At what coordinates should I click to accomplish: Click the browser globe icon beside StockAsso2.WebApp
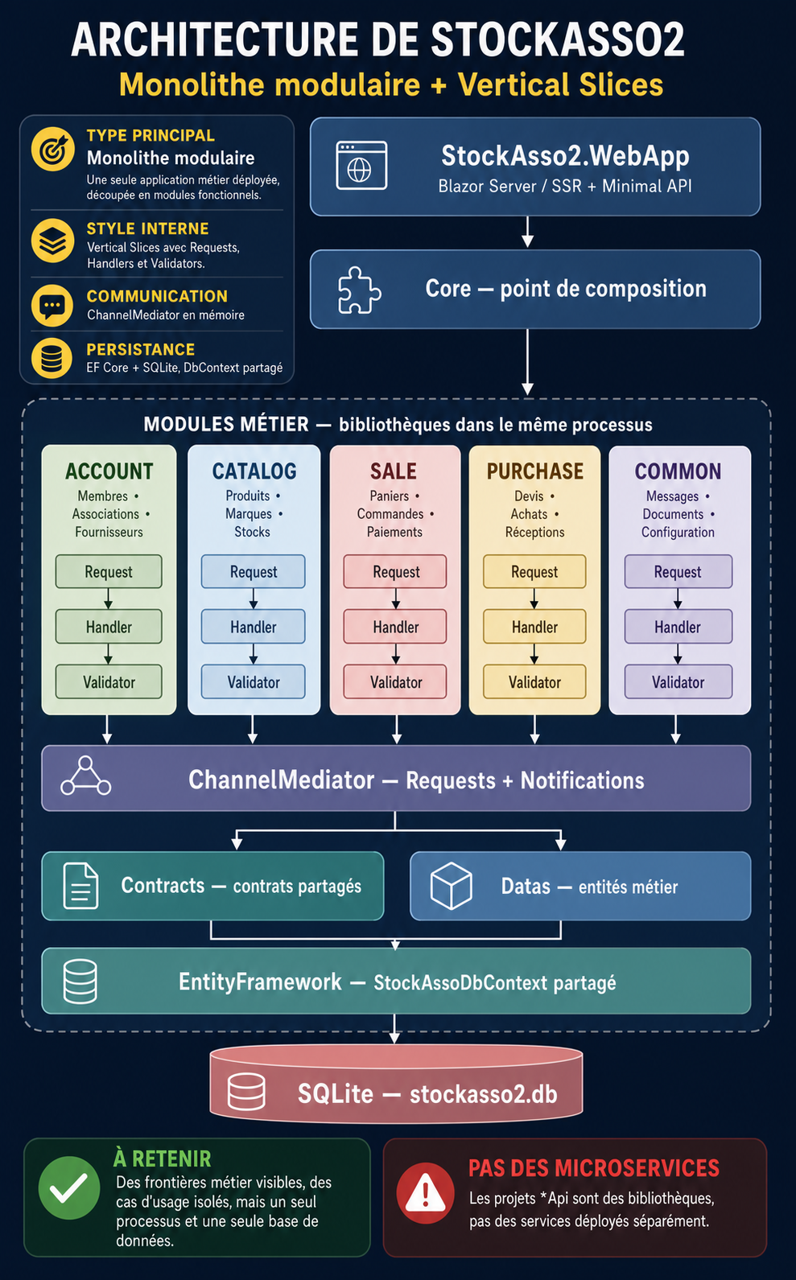(361, 166)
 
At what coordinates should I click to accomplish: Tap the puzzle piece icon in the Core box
(359, 290)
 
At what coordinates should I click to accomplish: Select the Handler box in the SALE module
(395, 626)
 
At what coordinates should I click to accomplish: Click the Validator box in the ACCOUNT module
(109, 681)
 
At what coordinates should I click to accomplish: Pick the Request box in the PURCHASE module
(534, 571)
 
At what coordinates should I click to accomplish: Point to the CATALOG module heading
(254, 471)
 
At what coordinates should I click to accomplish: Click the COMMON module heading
(678, 471)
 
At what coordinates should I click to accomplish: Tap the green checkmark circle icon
(69, 1188)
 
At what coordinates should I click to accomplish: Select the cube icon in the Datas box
(452, 886)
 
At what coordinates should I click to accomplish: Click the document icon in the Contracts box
(80, 886)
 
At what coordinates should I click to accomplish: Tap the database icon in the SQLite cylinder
(246, 1092)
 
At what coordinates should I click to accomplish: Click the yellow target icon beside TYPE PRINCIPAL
(52, 149)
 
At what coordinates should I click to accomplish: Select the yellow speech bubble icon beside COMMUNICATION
(52, 306)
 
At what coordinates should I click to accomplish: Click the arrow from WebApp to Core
(527, 232)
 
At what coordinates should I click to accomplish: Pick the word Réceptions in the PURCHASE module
(534, 532)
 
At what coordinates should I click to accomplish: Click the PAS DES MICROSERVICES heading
(593, 1168)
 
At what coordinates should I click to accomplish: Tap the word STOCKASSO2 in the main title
(558, 40)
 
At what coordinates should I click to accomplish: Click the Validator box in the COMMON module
(678, 681)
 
